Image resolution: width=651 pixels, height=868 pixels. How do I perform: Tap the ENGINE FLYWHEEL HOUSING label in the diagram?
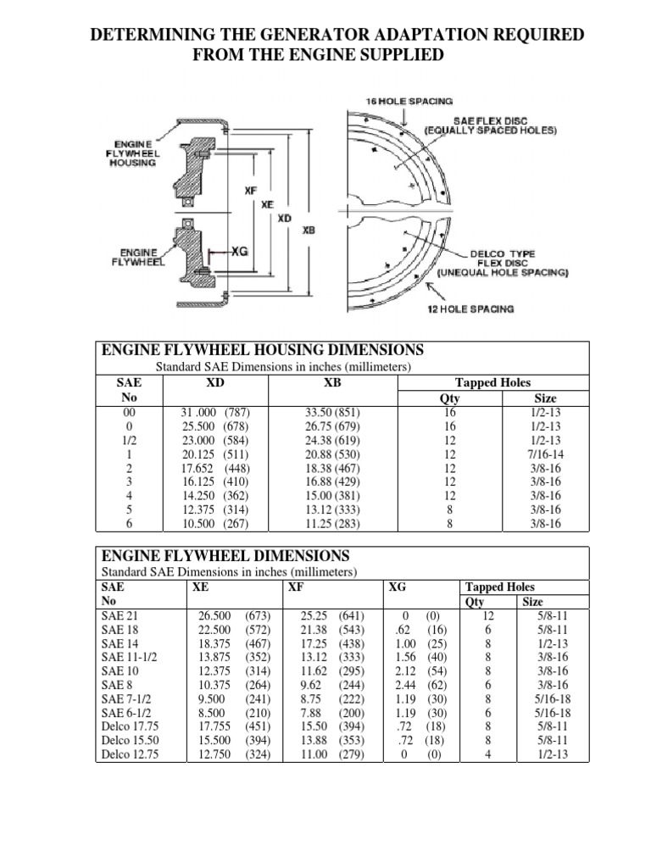(x=132, y=153)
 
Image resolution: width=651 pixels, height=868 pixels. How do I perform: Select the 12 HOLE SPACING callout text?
(x=470, y=309)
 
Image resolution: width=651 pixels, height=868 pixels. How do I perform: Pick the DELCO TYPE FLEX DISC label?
(x=504, y=262)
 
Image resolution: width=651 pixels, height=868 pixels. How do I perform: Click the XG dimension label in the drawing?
(x=239, y=252)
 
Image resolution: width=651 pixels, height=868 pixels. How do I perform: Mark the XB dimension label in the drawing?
(x=309, y=228)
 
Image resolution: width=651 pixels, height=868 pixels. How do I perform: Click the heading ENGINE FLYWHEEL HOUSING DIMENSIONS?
(x=262, y=350)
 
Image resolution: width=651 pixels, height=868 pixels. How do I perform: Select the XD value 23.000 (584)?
(x=215, y=442)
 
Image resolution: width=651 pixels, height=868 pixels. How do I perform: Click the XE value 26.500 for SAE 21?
(x=214, y=615)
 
